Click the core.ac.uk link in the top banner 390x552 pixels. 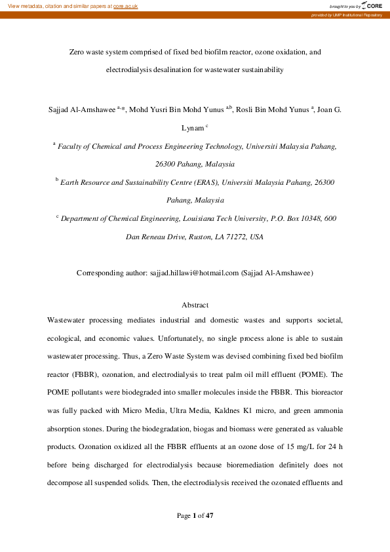point(125,6)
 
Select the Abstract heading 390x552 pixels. point(195,305)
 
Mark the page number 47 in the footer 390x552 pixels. point(210,515)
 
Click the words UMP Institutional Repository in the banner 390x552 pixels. point(359,14)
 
